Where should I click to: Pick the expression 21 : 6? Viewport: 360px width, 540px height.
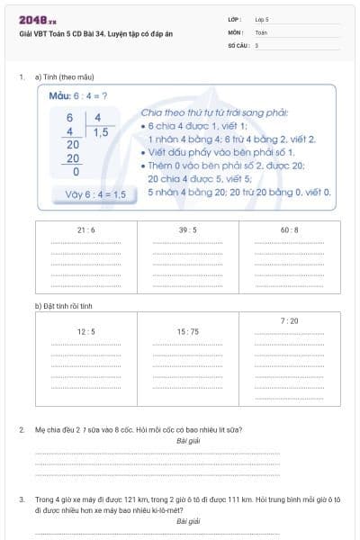86,229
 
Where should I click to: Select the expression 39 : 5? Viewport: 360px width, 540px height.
188,229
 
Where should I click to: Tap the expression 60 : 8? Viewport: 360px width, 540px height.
290,229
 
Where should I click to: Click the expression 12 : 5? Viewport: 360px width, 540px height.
86,331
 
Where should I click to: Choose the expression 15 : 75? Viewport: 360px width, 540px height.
188,331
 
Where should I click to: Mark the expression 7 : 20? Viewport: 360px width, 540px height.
290,320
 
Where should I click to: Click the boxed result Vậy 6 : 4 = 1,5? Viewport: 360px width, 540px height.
89,193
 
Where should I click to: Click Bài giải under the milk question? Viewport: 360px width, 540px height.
188,441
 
